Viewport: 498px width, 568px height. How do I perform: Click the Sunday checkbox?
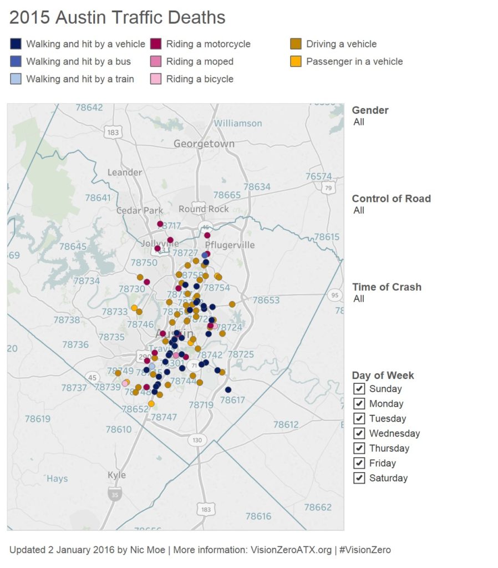[359, 389]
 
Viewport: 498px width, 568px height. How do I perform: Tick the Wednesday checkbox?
[359, 433]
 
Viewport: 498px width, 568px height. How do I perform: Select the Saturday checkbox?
[359, 478]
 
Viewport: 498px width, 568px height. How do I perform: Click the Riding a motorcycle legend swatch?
[156, 44]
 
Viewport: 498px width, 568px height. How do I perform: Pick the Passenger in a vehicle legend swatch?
[296, 62]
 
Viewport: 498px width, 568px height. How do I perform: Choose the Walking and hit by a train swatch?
[16, 79]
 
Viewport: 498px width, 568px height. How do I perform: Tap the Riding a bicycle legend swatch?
[156, 79]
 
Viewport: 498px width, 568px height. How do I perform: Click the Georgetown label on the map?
[204, 144]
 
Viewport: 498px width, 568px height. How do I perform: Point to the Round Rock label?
[204, 209]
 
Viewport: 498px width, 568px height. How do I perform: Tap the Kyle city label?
[116, 475]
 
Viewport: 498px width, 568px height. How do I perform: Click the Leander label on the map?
[124, 173]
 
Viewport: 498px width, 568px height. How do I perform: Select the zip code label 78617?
[232, 400]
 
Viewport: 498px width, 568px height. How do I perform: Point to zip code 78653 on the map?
[266, 300]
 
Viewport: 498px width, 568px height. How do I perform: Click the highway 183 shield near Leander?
[114, 132]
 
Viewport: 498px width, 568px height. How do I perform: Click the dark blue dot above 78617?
[228, 389]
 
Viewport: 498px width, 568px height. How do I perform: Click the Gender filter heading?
[370, 110]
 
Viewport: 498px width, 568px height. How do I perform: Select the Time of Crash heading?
[387, 287]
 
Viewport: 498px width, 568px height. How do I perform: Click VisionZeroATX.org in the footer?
[291, 550]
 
